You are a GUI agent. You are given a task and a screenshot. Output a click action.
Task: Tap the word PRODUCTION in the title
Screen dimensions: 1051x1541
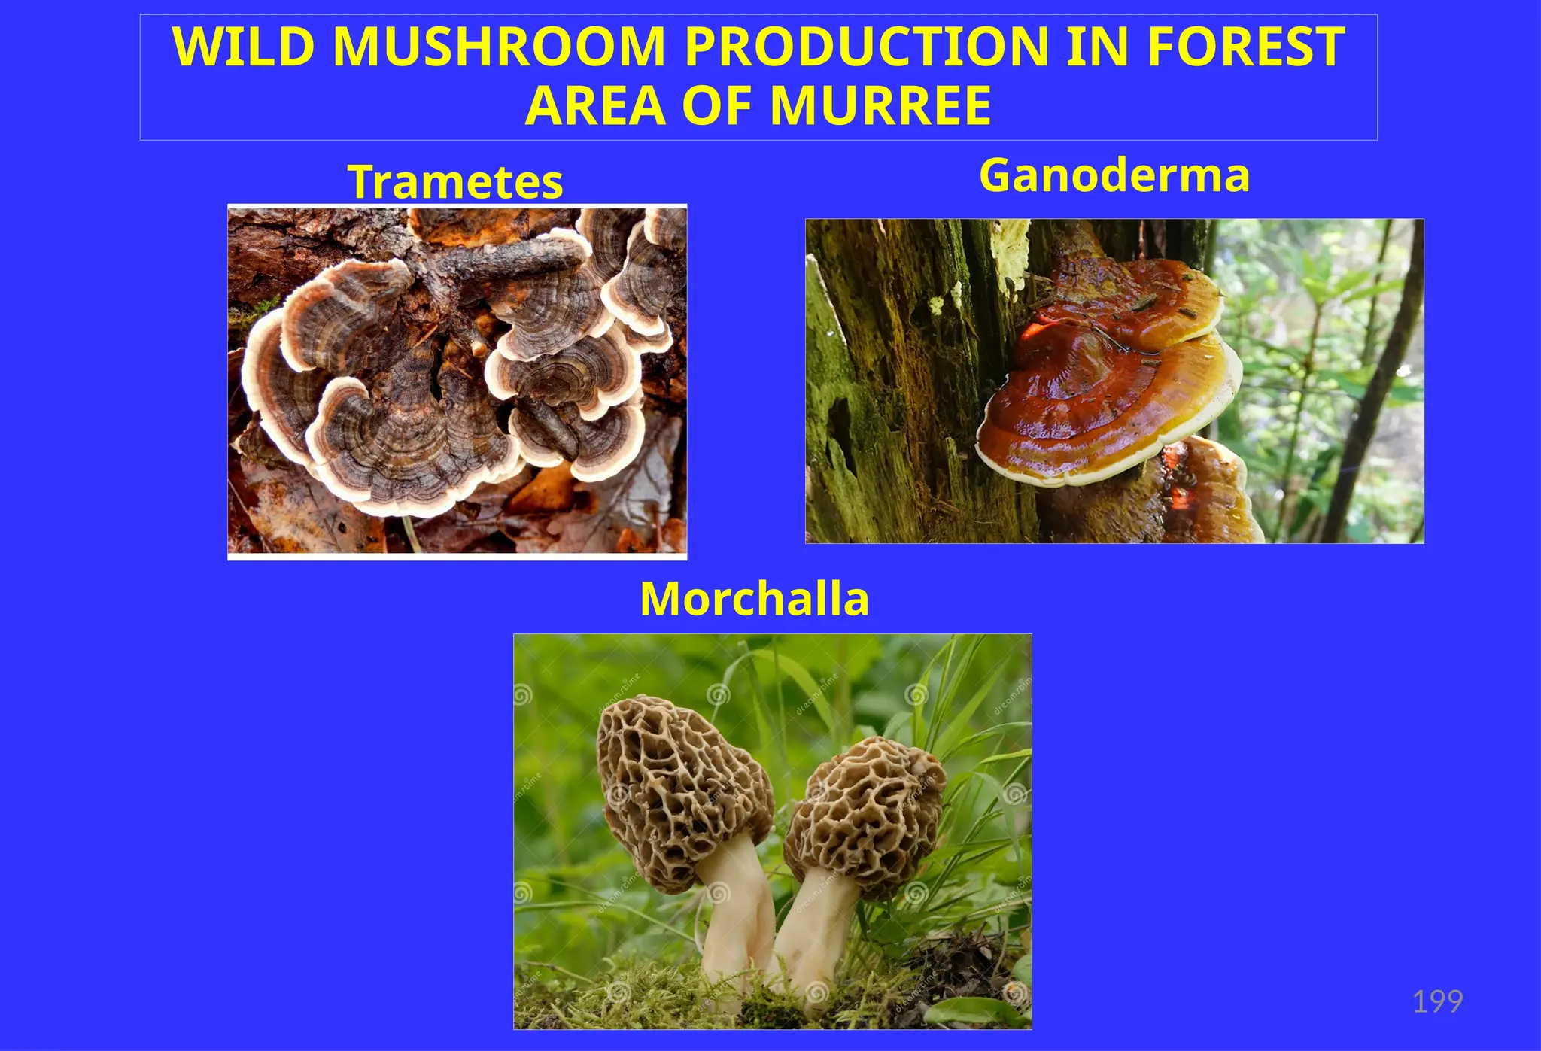tap(865, 47)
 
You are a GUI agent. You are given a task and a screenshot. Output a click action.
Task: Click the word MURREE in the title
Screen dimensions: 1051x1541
tap(880, 106)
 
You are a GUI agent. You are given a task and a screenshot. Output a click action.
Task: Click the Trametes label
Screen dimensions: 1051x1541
tap(455, 182)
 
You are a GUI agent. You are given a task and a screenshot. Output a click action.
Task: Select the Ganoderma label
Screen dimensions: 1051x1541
tap(1114, 175)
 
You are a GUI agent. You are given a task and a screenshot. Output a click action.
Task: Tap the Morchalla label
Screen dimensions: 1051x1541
tap(754, 599)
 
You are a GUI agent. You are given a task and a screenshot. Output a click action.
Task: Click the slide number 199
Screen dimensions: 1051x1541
tap(1437, 1002)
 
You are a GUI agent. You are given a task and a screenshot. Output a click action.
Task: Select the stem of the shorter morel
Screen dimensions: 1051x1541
tap(813, 933)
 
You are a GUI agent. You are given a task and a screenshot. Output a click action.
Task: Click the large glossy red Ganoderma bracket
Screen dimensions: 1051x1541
tap(1106, 399)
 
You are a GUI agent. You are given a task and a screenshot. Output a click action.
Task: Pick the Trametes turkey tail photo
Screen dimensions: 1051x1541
tap(457, 381)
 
